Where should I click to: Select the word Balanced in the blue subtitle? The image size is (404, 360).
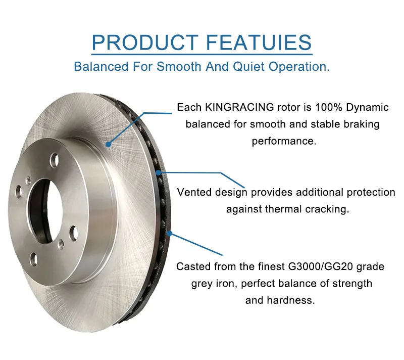point(95,67)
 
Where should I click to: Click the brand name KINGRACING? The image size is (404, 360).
point(236,107)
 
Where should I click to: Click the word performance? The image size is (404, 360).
point(283,141)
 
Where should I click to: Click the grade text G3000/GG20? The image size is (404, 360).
point(318,266)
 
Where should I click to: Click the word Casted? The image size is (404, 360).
point(192,266)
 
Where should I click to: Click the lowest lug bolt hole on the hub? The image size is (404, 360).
point(34,260)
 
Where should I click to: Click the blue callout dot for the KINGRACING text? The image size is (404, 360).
point(108,144)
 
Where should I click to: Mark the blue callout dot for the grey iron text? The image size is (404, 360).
point(170,234)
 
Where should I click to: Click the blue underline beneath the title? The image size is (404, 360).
point(202,54)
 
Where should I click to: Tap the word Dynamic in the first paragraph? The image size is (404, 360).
point(368,107)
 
